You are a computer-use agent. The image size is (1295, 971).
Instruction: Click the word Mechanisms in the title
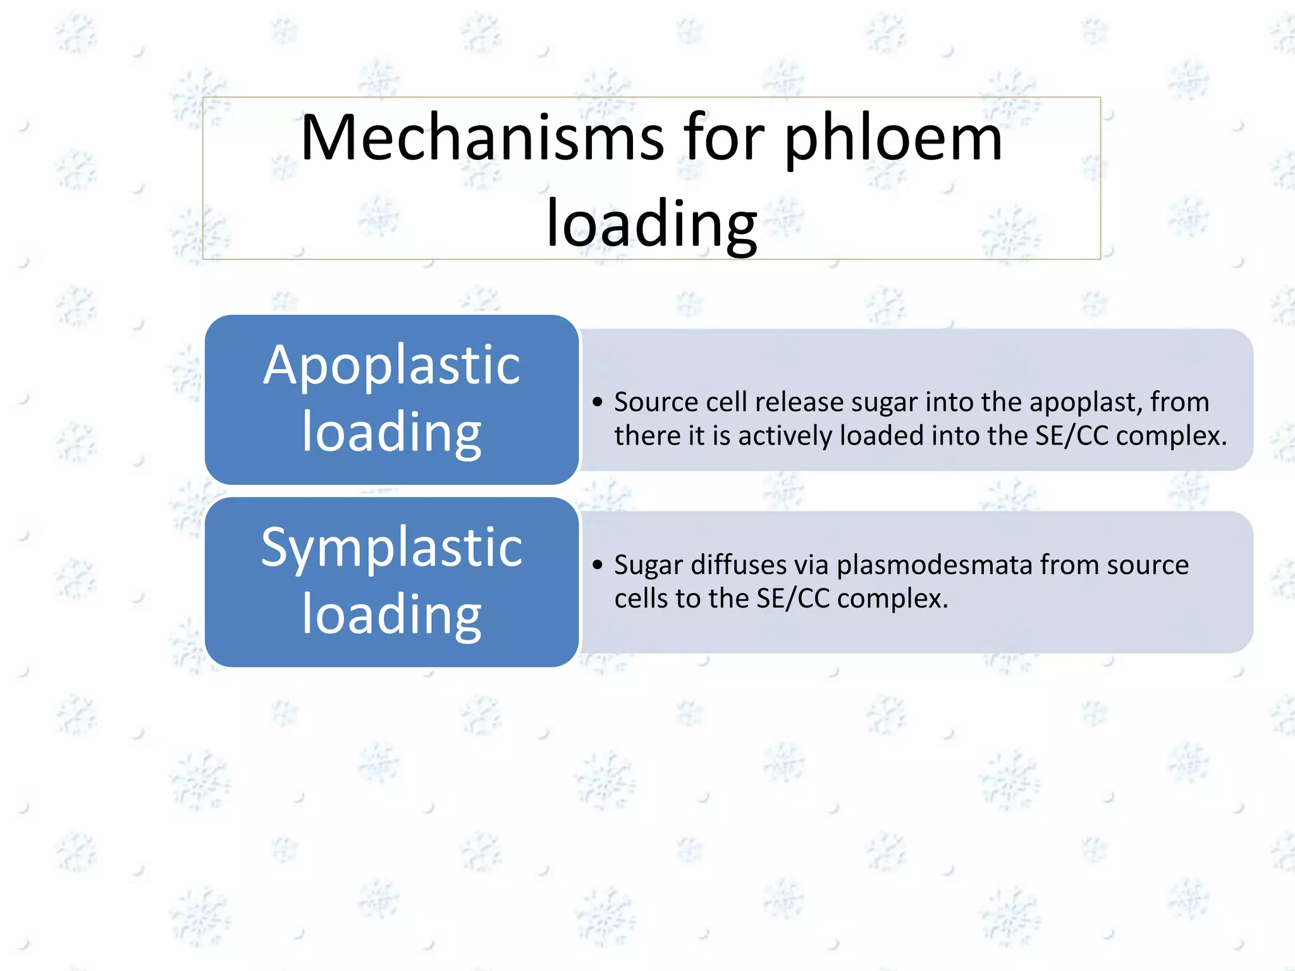tap(482, 137)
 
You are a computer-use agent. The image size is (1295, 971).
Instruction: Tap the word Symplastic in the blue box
tap(392, 547)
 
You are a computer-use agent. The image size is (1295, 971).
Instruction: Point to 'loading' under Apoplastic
tap(392, 433)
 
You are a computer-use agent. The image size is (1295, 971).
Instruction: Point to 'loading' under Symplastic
tap(392, 615)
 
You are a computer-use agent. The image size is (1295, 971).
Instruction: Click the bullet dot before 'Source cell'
tap(598, 402)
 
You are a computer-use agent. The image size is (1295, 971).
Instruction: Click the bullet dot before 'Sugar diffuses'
tap(598, 565)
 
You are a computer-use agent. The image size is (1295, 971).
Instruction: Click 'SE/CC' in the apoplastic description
tap(1072, 436)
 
